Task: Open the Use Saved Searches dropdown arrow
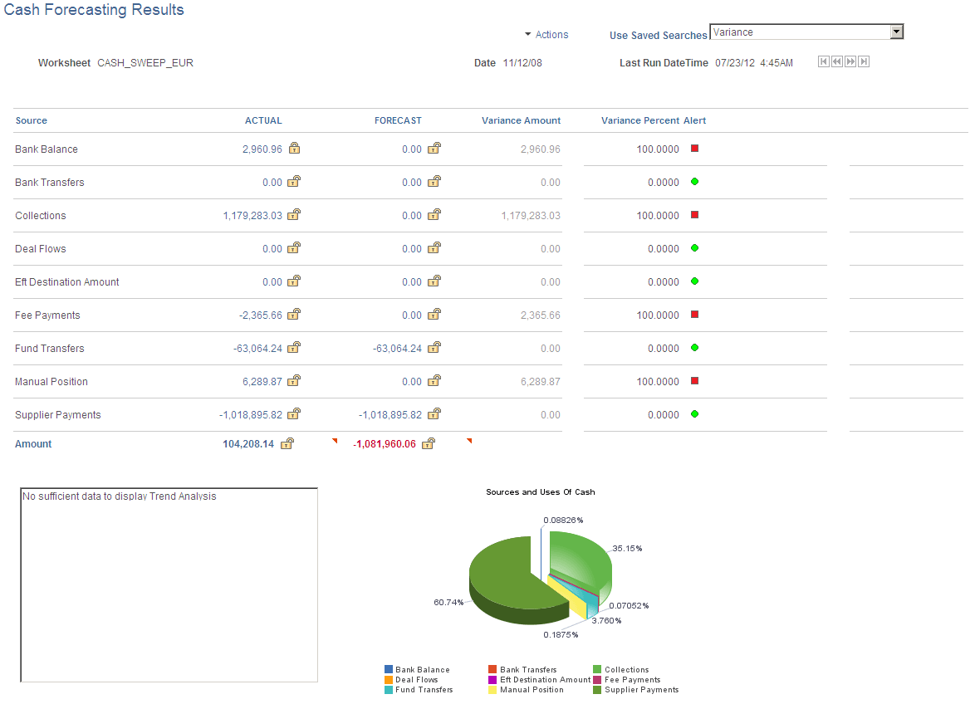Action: (896, 32)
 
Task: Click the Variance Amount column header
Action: (521, 120)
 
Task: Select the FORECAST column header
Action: (398, 120)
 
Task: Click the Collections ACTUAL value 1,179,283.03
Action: (252, 216)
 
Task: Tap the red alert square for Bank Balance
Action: (695, 149)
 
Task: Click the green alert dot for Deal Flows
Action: (695, 248)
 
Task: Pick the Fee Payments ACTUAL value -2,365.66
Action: (260, 315)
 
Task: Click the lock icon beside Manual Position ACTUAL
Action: (294, 381)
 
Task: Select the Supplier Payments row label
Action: (58, 415)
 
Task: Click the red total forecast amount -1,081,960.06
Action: (385, 444)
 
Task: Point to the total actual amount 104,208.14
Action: (248, 444)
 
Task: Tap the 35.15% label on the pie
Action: (627, 549)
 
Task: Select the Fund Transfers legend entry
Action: (424, 690)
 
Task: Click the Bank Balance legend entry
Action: (422, 670)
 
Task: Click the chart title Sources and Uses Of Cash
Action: (540, 492)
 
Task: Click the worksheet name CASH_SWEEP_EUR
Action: (145, 63)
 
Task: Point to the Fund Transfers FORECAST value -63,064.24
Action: (397, 349)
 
